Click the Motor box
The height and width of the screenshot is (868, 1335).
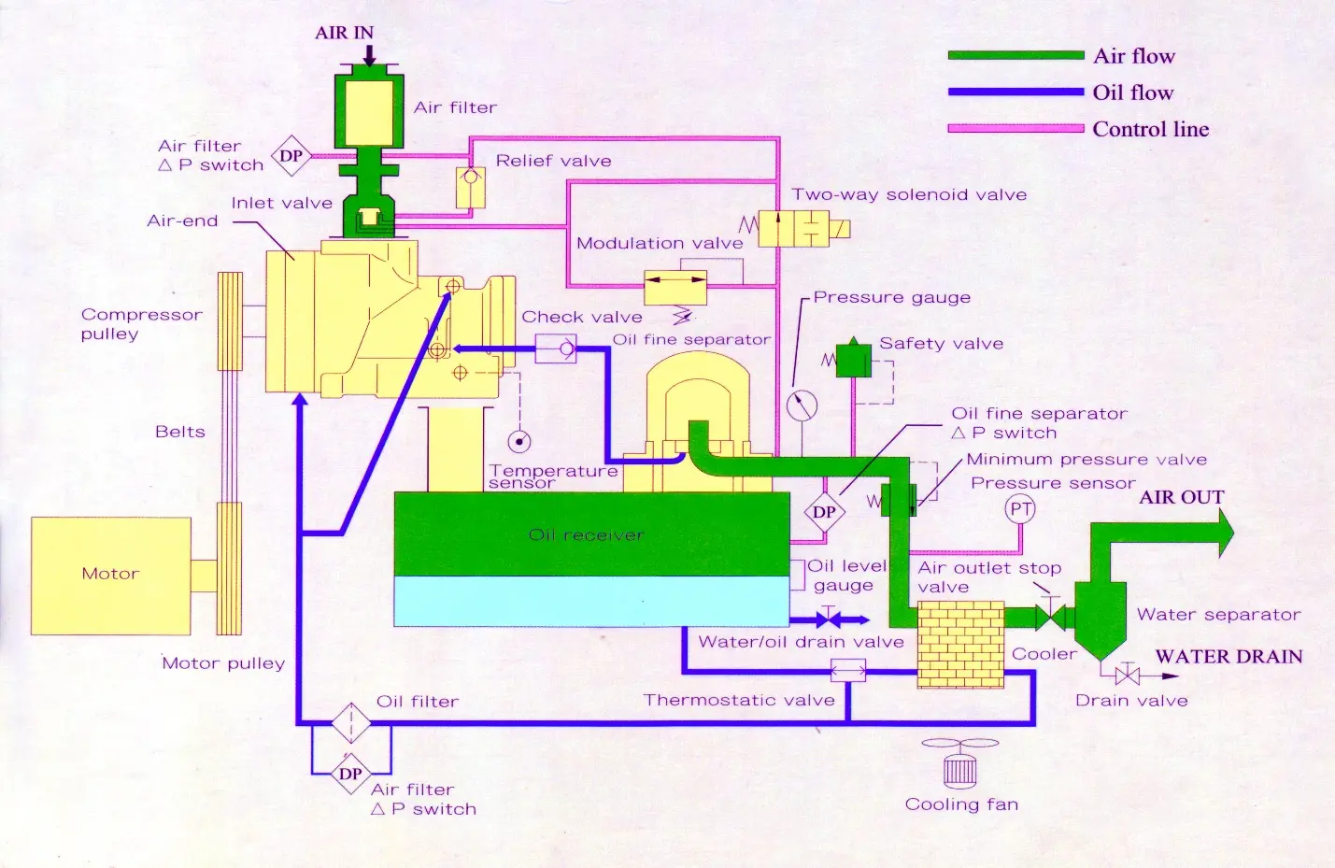tap(111, 576)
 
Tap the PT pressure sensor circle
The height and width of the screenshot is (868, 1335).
tap(1020, 509)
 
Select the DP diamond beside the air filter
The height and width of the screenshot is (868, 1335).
tap(291, 156)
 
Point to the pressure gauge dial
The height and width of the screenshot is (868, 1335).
tap(802, 406)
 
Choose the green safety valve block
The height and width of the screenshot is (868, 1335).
tap(854, 358)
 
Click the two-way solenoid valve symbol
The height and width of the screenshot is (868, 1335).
tap(796, 228)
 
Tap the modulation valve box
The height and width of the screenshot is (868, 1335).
tap(675, 288)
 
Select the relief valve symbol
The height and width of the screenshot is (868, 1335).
tap(470, 187)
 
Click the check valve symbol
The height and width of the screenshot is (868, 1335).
tap(556, 349)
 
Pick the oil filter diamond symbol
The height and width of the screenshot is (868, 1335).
tap(351, 723)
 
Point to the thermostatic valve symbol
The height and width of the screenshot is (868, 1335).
tap(848, 671)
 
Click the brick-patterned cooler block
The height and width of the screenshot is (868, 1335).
tap(960, 645)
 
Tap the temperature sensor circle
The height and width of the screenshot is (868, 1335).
tap(519, 442)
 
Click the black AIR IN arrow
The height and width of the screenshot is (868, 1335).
tap(370, 55)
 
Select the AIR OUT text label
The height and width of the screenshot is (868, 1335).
tap(1182, 497)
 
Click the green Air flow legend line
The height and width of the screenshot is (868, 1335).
tap(1016, 55)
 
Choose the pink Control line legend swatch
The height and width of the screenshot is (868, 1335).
tap(1016, 128)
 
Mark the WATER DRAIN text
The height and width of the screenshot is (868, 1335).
tap(1228, 656)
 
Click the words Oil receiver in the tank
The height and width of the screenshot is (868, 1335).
tap(587, 534)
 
